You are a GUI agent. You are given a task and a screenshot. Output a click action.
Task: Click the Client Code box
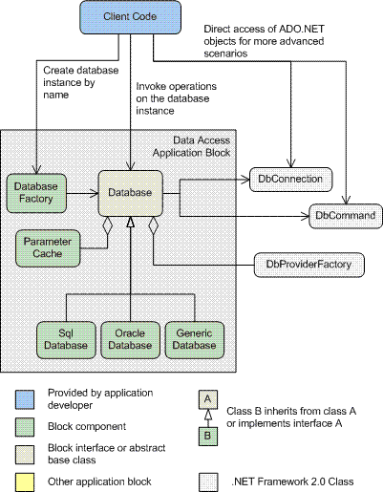(x=130, y=17)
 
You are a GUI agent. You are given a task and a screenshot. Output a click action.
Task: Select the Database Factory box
(x=36, y=193)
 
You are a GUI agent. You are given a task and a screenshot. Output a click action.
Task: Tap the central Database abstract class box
(x=130, y=193)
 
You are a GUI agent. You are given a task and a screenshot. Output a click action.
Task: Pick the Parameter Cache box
(x=48, y=248)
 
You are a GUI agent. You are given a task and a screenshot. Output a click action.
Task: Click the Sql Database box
(x=66, y=340)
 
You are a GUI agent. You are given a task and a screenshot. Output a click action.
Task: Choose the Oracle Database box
(x=130, y=340)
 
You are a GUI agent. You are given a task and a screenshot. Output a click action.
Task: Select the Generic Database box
(x=194, y=340)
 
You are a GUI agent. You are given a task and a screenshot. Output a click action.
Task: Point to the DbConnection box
(x=290, y=180)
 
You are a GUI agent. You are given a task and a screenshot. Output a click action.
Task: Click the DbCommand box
(x=346, y=216)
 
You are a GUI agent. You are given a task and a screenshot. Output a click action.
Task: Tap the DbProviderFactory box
(x=309, y=265)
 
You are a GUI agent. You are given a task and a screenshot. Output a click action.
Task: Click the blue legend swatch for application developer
(x=25, y=399)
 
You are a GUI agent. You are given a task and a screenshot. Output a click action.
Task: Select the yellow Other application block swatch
(x=25, y=482)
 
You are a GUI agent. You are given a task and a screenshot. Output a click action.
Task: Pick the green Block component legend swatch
(x=25, y=427)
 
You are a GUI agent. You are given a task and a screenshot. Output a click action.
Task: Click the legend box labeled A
(x=208, y=399)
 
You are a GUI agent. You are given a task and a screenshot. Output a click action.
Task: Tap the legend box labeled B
(x=208, y=437)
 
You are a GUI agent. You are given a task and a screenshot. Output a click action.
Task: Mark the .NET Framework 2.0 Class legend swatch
(x=208, y=482)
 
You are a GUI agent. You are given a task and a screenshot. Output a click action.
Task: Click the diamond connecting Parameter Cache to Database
(x=107, y=225)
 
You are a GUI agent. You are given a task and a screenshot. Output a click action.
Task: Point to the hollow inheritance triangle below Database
(x=130, y=223)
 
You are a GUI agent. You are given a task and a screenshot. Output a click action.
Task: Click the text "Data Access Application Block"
(x=191, y=147)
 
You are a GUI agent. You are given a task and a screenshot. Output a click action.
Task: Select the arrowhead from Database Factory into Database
(x=95, y=193)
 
